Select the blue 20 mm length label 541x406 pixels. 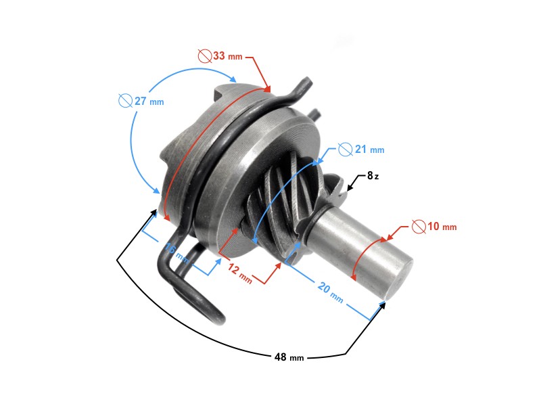point(331,291)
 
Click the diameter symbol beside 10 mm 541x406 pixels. point(419,226)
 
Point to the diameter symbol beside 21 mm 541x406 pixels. point(345,149)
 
